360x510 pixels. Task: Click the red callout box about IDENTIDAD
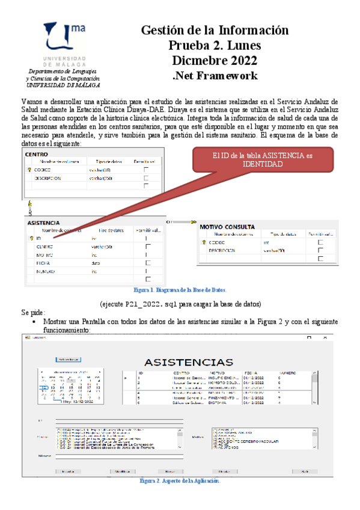point(263,159)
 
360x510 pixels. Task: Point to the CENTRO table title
point(37,155)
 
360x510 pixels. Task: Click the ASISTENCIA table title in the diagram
point(44,223)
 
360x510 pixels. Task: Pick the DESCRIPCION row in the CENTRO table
point(48,179)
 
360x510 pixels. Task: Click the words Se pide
point(33,313)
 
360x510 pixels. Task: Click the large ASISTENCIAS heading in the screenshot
point(188,362)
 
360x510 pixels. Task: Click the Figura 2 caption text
point(180,481)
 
